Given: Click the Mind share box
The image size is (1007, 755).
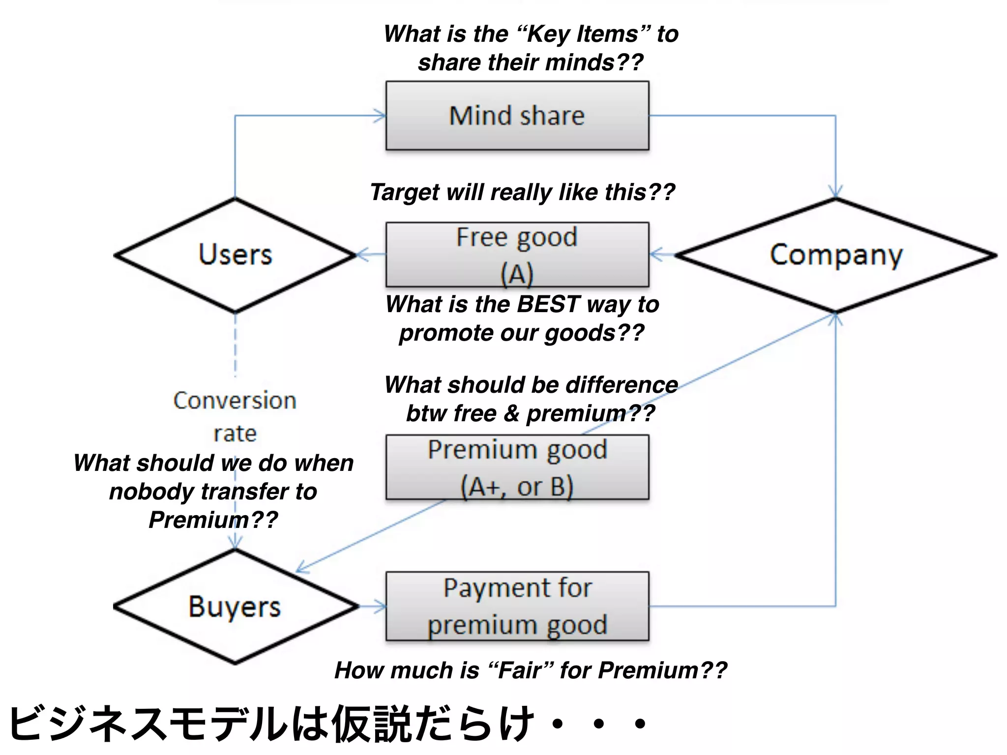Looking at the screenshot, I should pos(517,116).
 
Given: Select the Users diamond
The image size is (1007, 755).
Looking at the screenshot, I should pos(235,255).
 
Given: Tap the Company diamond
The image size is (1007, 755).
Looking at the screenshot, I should pos(836,255).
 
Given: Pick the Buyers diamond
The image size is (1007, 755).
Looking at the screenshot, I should pos(235,607).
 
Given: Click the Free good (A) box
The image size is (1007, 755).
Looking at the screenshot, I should pos(517,255).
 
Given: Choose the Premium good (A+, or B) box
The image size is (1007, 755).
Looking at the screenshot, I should pos(517,467).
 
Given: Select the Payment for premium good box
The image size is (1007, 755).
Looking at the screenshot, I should pos(517,606).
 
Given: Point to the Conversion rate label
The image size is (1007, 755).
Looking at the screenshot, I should pos(235,416).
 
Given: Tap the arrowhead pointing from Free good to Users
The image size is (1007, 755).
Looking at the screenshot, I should pos(362,255).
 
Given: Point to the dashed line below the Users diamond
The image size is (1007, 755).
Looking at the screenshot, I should pos(235,344).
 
